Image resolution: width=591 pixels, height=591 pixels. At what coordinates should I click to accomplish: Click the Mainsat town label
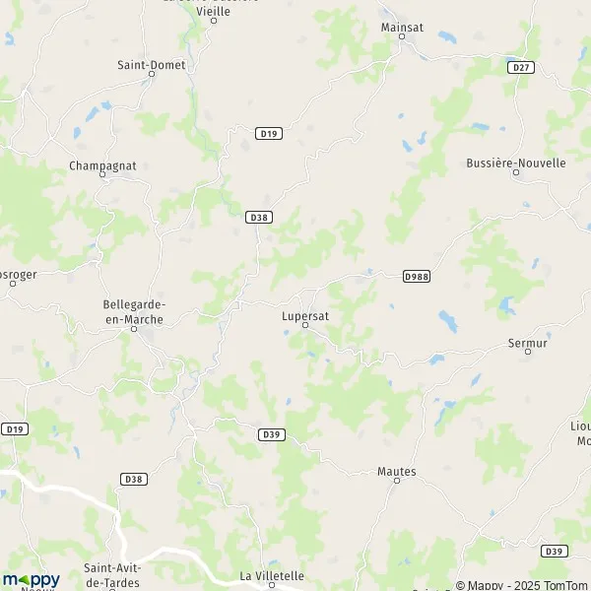click(402, 28)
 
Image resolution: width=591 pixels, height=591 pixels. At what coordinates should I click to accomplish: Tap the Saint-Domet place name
click(152, 65)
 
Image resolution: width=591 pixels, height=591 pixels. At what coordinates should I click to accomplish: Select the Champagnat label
click(101, 165)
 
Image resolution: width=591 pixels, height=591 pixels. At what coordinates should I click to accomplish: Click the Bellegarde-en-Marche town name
click(134, 312)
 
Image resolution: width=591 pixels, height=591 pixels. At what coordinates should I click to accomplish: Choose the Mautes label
click(397, 472)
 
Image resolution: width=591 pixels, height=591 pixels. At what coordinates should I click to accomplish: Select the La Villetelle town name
click(272, 575)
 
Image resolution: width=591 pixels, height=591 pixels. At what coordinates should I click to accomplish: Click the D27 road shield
click(522, 67)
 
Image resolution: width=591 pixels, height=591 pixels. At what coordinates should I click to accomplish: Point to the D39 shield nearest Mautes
click(272, 433)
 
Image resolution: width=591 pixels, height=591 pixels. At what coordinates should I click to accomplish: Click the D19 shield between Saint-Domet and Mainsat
click(267, 133)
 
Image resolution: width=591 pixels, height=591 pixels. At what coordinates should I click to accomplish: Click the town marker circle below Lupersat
click(304, 324)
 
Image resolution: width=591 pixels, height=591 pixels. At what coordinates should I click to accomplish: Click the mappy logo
click(32, 579)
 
